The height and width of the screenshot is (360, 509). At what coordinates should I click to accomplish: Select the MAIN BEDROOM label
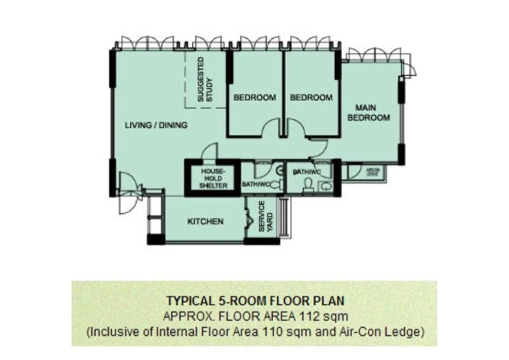pyautogui.click(x=368, y=113)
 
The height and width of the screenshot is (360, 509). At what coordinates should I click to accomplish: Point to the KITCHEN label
pyautogui.click(x=205, y=222)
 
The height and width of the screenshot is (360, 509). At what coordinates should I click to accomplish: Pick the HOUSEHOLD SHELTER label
pyautogui.click(x=211, y=179)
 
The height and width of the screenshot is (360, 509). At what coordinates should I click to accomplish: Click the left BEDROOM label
pyautogui.click(x=254, y=97)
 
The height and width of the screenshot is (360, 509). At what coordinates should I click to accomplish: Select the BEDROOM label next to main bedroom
pyautogui.click(x=311, y=97)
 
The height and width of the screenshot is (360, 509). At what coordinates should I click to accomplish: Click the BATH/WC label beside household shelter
pyautogui.click(x=256, y=184)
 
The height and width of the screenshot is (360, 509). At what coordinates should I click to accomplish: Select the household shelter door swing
pyautogui.click(x=209, y=153)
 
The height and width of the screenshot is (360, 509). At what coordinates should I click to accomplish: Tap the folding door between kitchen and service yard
pyautogui.click(x=248, y=223)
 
